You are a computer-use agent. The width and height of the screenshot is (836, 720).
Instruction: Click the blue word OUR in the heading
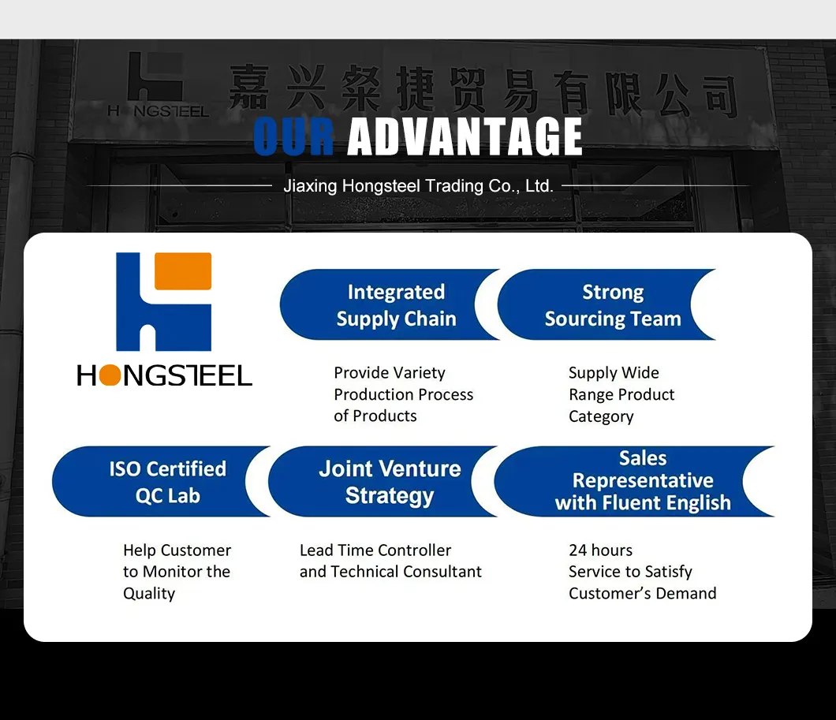tap(294, 136)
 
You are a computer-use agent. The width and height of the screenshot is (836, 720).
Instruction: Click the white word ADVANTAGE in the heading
tap(465, 136)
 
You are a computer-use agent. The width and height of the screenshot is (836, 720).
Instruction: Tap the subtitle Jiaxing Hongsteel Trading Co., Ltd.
tap(418, 186)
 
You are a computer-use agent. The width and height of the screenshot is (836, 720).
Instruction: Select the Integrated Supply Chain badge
tap(390, 305)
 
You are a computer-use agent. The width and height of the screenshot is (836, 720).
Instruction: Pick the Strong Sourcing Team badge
tap(607, 305)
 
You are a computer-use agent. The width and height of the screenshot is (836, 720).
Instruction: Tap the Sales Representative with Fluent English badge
tap(635, 481)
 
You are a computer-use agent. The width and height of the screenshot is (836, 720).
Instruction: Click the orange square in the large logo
tap(183, 271)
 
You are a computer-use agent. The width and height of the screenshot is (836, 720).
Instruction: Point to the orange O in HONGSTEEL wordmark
tap(110, 375)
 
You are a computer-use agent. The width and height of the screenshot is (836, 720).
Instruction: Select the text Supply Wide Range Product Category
tap(621, 394)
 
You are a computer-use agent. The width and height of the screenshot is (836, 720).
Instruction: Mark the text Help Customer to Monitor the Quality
tap(177, 572)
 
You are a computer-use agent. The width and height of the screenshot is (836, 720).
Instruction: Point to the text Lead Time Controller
tap(375, 550)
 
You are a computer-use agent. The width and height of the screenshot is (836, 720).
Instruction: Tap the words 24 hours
tap(600, 550)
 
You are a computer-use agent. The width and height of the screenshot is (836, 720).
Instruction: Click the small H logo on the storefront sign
tap(155, 77)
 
